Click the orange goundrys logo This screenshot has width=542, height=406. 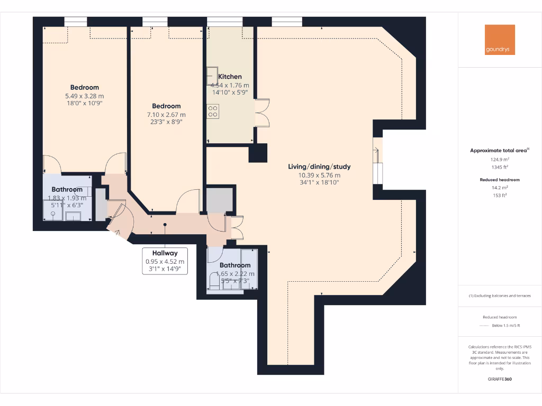pyautogui.click(x=500, y=40)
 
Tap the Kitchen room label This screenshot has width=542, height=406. pyautogui.click(x=230, y=77)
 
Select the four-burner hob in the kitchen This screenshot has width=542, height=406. pyautogui.click(x=213, y=111)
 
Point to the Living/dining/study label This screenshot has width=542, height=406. pyautogui.click(x=319, y=167)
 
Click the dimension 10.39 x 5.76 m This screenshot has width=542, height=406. pyautogui.click(x=319, y=175)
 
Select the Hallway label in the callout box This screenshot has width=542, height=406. pyautogui.click(x=165, y=253)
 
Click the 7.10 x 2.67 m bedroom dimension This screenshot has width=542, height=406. pyautogui.click(x=166, y=114)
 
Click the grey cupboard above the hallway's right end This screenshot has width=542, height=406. pyautogui.click(x=219, y=199)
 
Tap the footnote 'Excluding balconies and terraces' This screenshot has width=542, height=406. pyautogui.click(x=500, y=296)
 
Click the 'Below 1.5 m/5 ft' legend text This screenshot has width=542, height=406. pyautogui.click(x=506, y=325)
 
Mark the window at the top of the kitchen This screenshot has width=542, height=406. pyautogui.click(x=225, y=21)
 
